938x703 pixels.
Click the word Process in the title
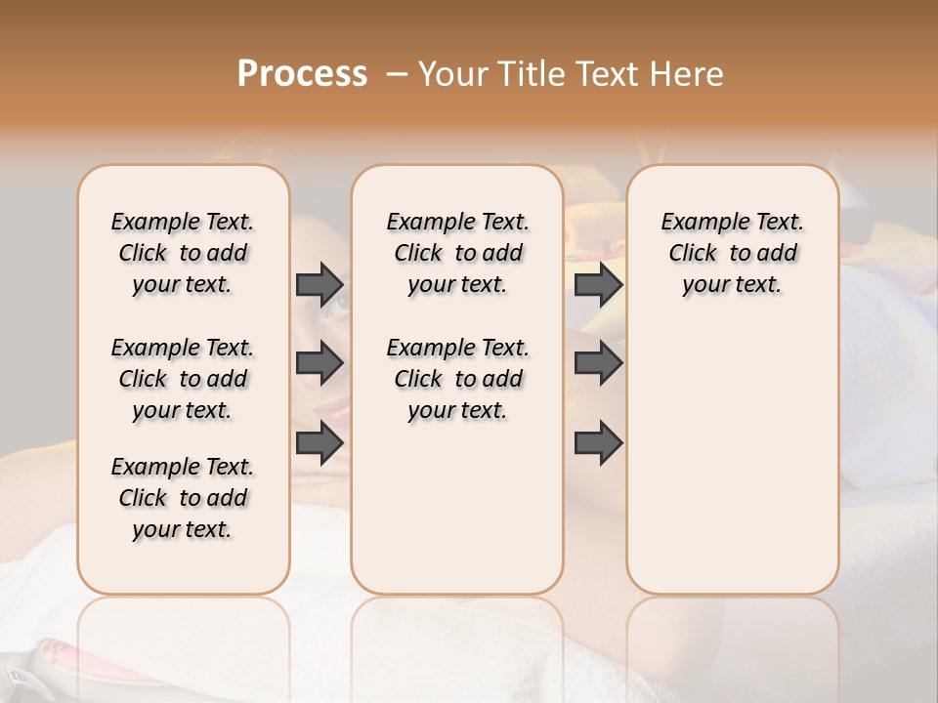[x=302, y=74]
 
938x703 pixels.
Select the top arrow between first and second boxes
[x=320, y=284]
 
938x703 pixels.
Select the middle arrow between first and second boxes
[x=320, y=363]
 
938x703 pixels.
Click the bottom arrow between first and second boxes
[x=320, y=443]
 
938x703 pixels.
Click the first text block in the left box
[x=183, y=253]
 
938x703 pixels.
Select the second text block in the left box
[x=183, y=379]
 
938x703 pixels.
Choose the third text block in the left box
[x=183, y=498]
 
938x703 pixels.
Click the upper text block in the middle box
[x=457, y=253]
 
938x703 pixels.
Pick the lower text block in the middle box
[x=457, y=379]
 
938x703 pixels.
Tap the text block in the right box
[x=733, y=253]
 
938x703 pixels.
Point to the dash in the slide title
[x=396, y=75]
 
